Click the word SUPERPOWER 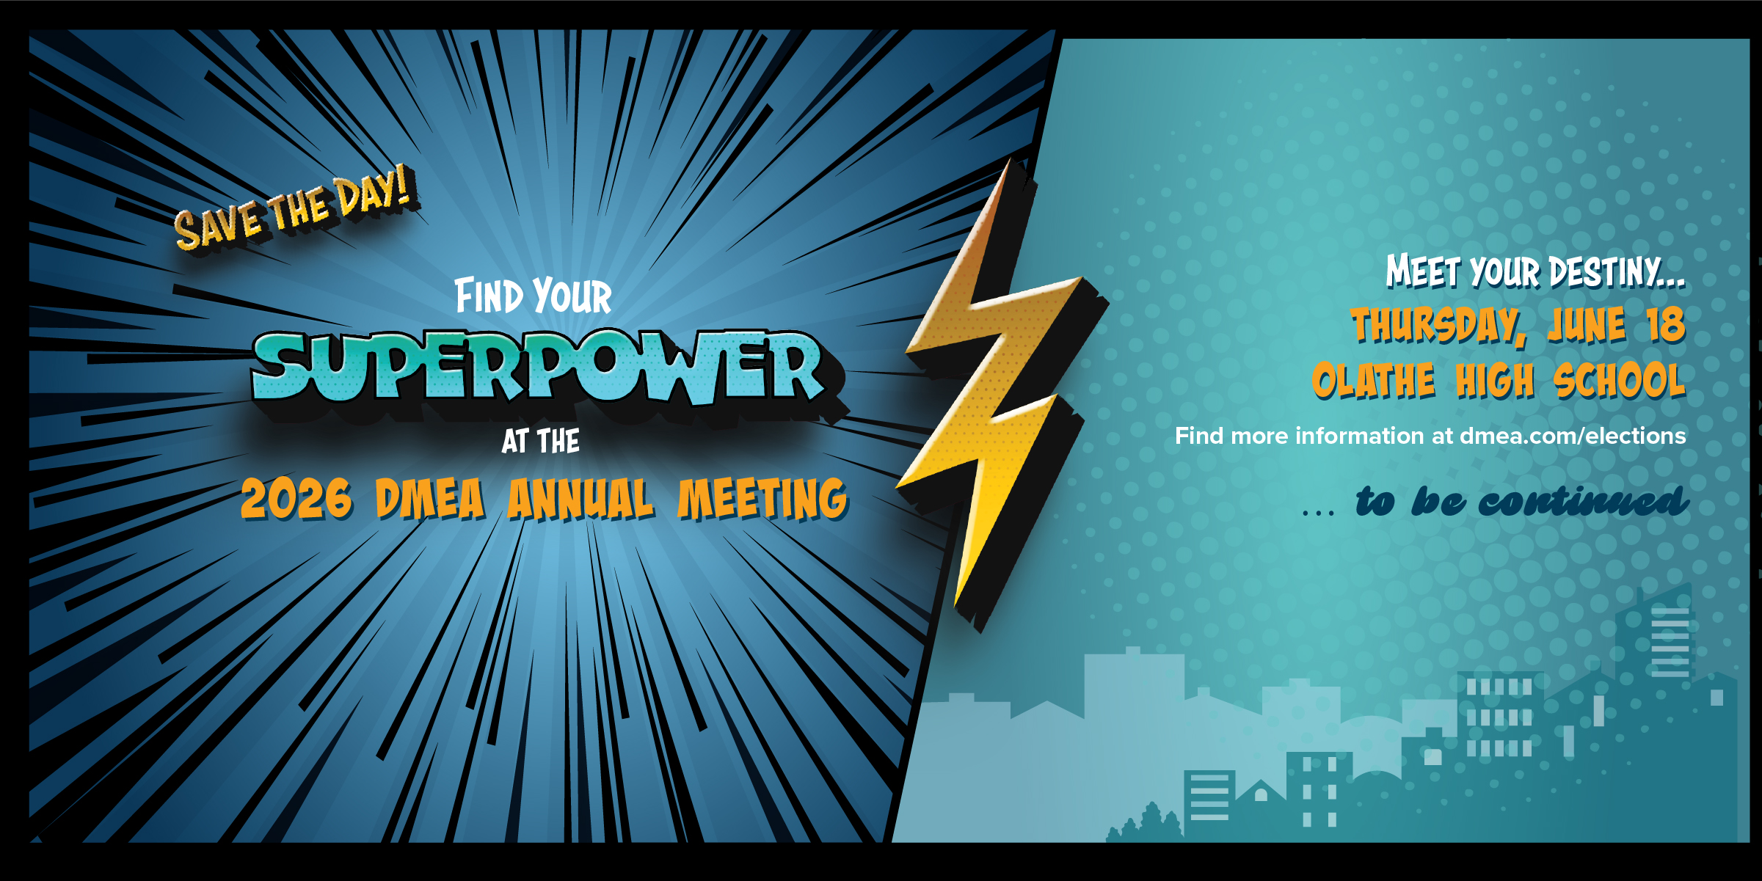539,367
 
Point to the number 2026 296,499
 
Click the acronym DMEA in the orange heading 430,499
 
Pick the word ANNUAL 580,499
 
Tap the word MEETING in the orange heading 762,499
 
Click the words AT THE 541,441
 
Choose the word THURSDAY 1438,325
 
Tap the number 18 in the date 1665,325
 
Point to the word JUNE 1586,325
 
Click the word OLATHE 1373,381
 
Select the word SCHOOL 1619,381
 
